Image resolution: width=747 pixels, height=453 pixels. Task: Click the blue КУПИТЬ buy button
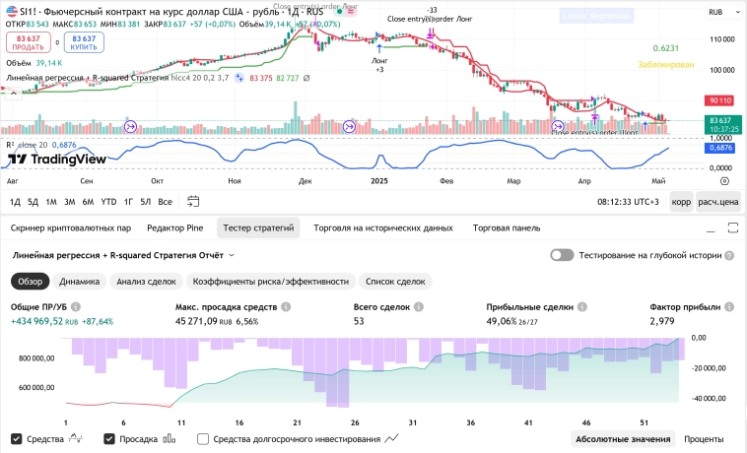[x=84, y=43]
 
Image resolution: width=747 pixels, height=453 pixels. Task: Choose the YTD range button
[x=108, y=202]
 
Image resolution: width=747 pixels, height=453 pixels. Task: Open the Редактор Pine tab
[x=174, y=227]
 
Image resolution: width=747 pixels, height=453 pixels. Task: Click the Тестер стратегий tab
[x=258, y=227]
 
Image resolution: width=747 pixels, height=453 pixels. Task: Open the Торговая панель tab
[x=506, y=227]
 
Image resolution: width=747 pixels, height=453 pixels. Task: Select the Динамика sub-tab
[x=79, y=281]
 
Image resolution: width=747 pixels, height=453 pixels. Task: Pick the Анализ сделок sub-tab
[x=145, y=281]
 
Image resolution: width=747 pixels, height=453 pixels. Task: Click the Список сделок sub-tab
[x=395, y=281]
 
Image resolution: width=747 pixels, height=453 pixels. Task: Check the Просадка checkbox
[x=109, y=439]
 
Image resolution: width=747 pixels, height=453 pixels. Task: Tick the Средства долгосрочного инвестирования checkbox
[x=203, y=439]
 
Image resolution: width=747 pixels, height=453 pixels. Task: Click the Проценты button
[x=704, y=439]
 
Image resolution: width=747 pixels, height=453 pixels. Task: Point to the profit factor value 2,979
[x=661, y=321]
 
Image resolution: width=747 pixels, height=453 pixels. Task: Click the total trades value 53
[x=360, y=321]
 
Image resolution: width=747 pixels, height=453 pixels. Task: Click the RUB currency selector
[x=716, y=12]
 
